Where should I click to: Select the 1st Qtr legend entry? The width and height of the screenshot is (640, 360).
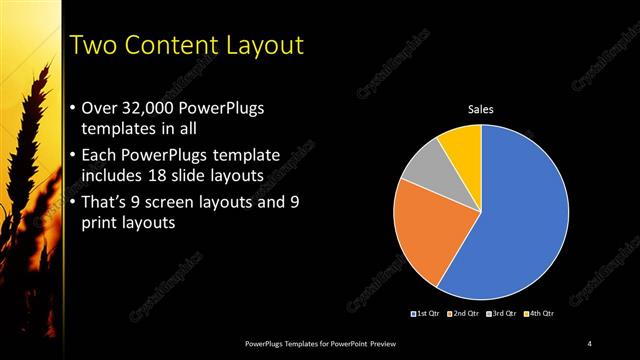tap(428, 313)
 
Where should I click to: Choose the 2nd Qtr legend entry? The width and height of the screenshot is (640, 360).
tap(464, 313)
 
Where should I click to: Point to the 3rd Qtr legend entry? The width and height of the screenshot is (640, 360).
tap(500, 313)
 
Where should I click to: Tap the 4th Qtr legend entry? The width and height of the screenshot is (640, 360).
tap(536, 313)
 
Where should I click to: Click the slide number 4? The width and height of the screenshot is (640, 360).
tap(590, 344)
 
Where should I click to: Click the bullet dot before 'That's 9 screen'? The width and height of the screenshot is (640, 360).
tap(72, 202)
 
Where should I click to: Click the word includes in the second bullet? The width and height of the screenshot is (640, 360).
tap(113, 176)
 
